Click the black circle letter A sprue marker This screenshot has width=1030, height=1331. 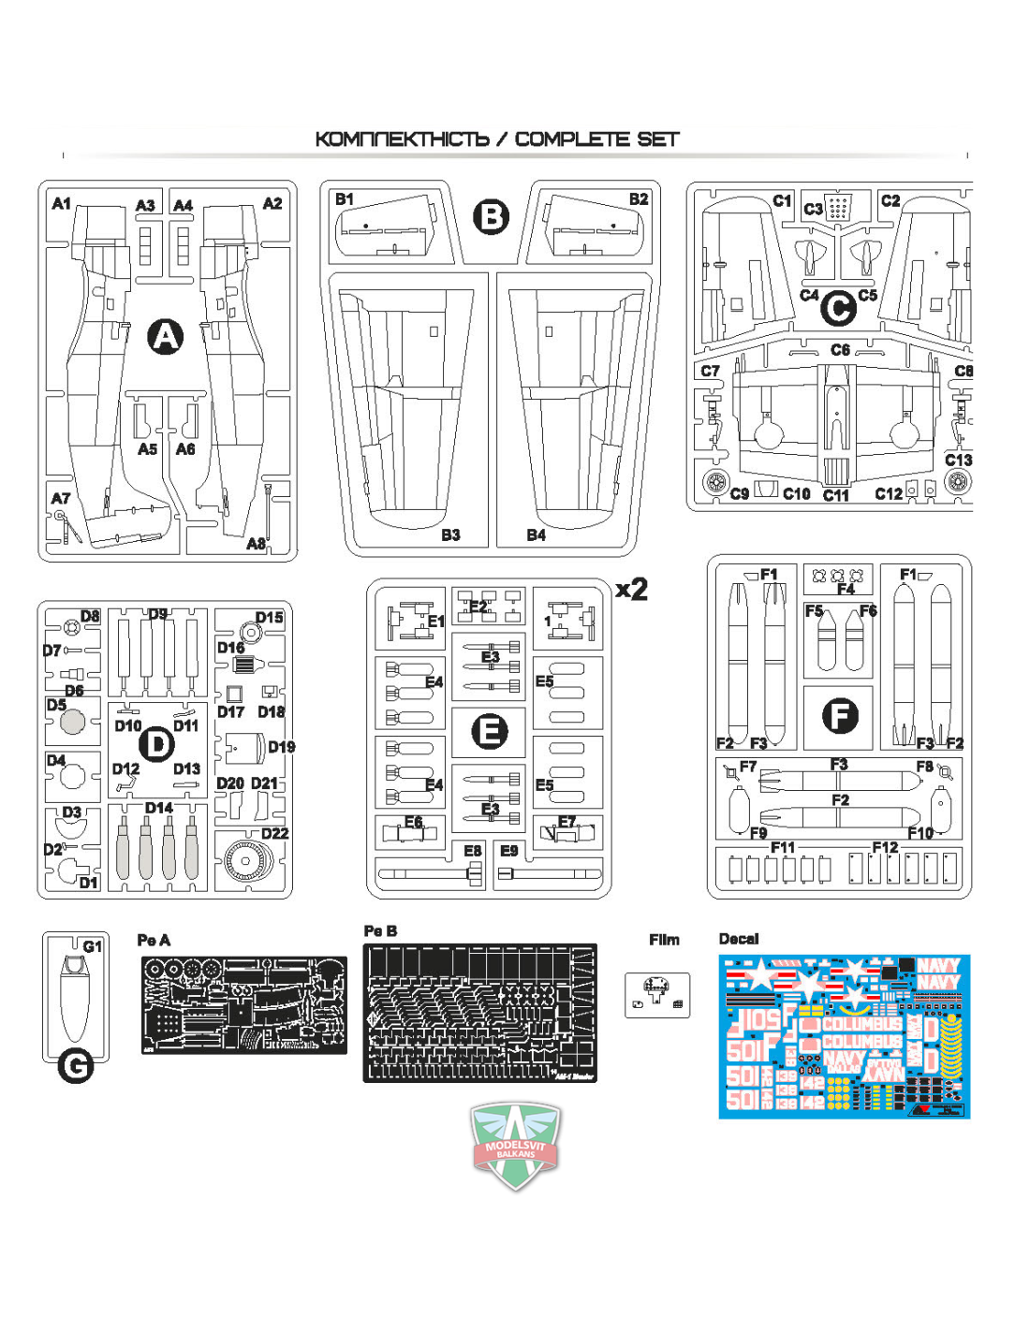click(166, 337)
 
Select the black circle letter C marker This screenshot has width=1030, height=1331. click(838, 308)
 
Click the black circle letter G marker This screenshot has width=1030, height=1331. click(76, 1066)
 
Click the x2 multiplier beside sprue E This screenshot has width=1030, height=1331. click(632, 589)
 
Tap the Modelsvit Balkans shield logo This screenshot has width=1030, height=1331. click(516, 1144)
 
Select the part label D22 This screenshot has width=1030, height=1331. click(274, 833)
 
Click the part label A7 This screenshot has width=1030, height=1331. click(61, 498)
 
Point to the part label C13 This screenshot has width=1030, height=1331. click(958, 460)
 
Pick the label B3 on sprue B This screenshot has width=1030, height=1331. click(450, 534)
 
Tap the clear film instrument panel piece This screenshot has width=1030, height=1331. click(657, 994)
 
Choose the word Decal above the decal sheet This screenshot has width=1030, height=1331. click(738, 939)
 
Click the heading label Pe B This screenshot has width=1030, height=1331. click(380, 930)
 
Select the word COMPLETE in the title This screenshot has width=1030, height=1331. click(571, 139)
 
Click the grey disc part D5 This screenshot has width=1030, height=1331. click(72, 723)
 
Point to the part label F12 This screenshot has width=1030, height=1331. click(885, 847)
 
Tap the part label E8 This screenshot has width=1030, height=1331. click(473, 851)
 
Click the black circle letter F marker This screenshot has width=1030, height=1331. click(839, 716)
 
